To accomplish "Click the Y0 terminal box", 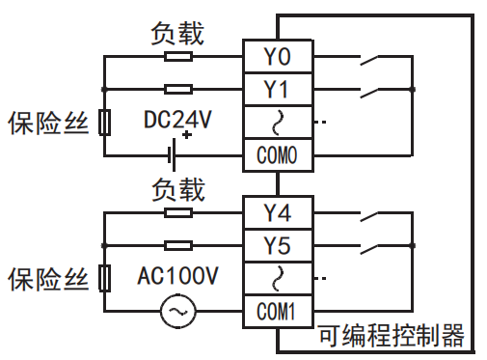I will tap(277, 56).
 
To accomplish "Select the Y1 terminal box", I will tap(277, 89).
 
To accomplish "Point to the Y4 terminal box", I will tap(277, 211).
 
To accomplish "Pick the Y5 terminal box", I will tap(277, 244).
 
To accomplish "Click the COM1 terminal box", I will tap(277, 312).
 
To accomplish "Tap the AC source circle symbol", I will tap(177, 311).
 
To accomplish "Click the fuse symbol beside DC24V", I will tap(103, 122).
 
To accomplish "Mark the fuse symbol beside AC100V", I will tap(103, 279).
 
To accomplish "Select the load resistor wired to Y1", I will tap(177, 89).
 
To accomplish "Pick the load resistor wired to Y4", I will tap(177, 211).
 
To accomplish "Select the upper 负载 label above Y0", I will tap(177, 32).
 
